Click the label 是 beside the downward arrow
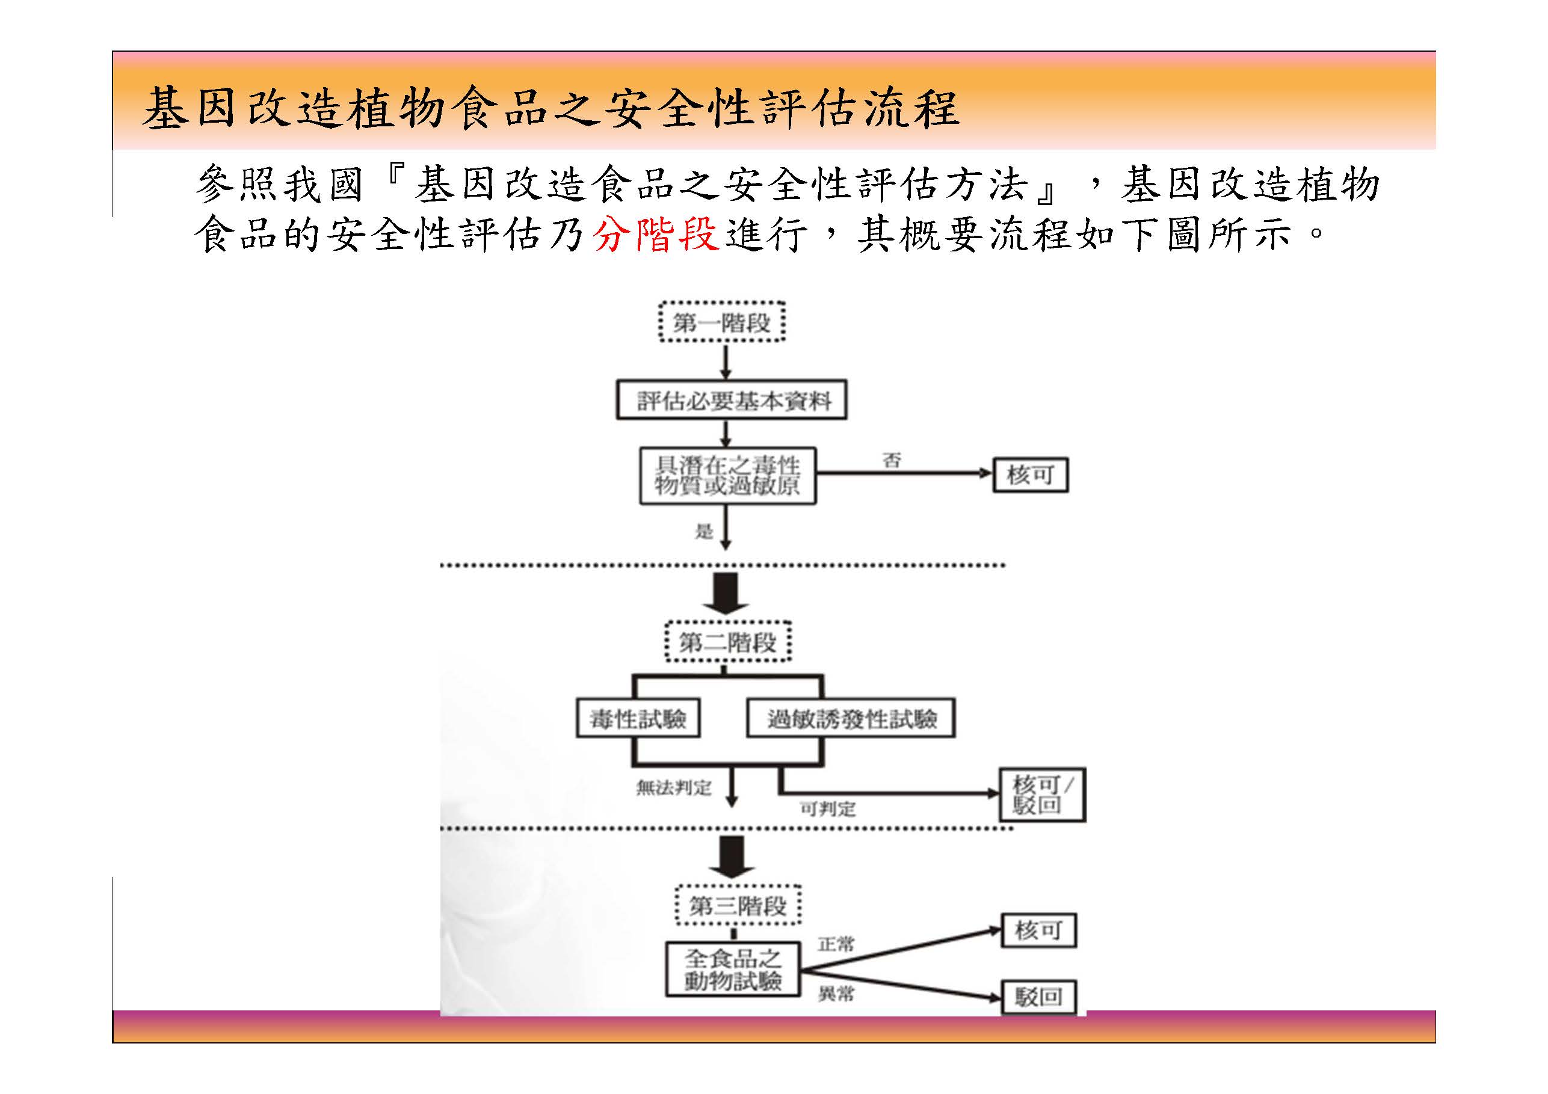(704, 532)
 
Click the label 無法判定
(674, 787)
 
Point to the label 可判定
(827, 809)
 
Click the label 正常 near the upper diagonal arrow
(836, 944)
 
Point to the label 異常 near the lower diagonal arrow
(836, 994)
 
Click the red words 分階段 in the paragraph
(655, 234)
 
